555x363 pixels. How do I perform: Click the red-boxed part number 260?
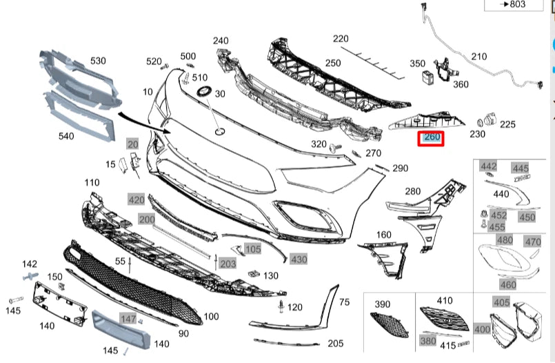tap(432, 137)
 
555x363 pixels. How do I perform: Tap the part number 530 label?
tap(98, 61)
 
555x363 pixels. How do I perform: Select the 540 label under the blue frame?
tap(65, 136)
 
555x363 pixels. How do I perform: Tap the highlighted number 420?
tap(136, 200)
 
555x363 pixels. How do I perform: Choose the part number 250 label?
tap(333, 63)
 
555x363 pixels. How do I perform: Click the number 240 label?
tap(221, 41)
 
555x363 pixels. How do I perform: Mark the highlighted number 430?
tap(298, 259)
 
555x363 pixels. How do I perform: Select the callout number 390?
tap(382, 304)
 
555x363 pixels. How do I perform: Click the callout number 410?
tap(445, 300)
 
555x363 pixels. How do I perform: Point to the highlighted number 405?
tap(502, 302)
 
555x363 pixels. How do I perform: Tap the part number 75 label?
tap(345, 302)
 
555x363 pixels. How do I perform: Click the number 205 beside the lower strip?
tap(336, 343)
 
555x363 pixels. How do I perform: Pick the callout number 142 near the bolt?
tap(30, 264)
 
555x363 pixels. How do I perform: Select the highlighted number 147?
tap(128, 319)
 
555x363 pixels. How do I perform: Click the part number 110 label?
tap(92, 182)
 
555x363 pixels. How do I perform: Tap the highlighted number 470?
tap(532, 242)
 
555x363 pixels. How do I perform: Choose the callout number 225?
tap(507, 124)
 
